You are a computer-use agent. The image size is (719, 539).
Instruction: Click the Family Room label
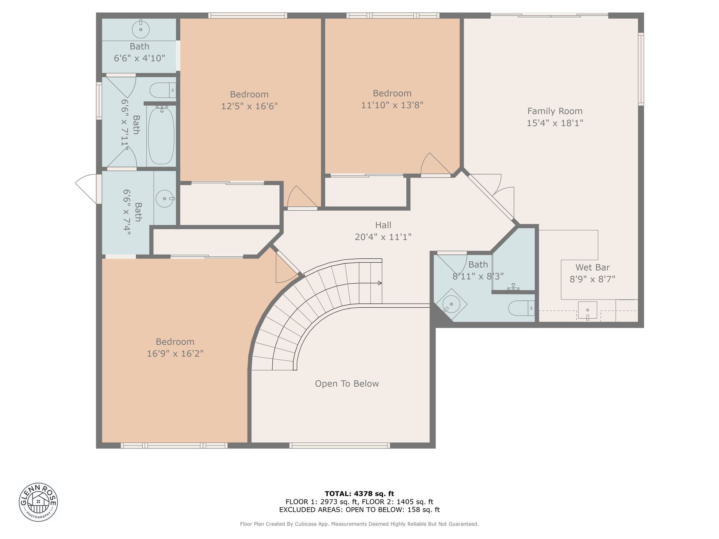pyautogui.click(x=555, y=111)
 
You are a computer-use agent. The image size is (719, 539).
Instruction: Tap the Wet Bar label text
pyautogui.click(x=592, y=267)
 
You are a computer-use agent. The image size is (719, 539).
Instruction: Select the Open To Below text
pyautogui.click(x=347, y=384)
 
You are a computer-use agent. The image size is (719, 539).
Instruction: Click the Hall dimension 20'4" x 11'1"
pyautogui.click(x=383, y=237)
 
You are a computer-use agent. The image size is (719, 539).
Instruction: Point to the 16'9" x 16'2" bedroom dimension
pyautogui.click(x=175, y=353)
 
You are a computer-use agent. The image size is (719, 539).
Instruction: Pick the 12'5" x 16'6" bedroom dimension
pyautogui.click(x=249, y=106)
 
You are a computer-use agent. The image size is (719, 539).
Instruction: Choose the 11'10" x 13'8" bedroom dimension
pyautogui.click(x=392, y=105)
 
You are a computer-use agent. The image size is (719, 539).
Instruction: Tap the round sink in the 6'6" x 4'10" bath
pyautogui.click(x=141, y=29)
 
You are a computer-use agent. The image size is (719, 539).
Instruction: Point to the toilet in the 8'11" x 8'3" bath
pyautogui.click(x=522, y=308)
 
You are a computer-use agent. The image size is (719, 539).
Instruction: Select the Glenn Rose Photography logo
pyautogui.click(x=39, y=502)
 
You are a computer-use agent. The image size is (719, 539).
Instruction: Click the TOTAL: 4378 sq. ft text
pyautogui.click(x=359, y=494)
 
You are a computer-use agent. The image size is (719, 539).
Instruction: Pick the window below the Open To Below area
pyautogui.click(x=340, y=445)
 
